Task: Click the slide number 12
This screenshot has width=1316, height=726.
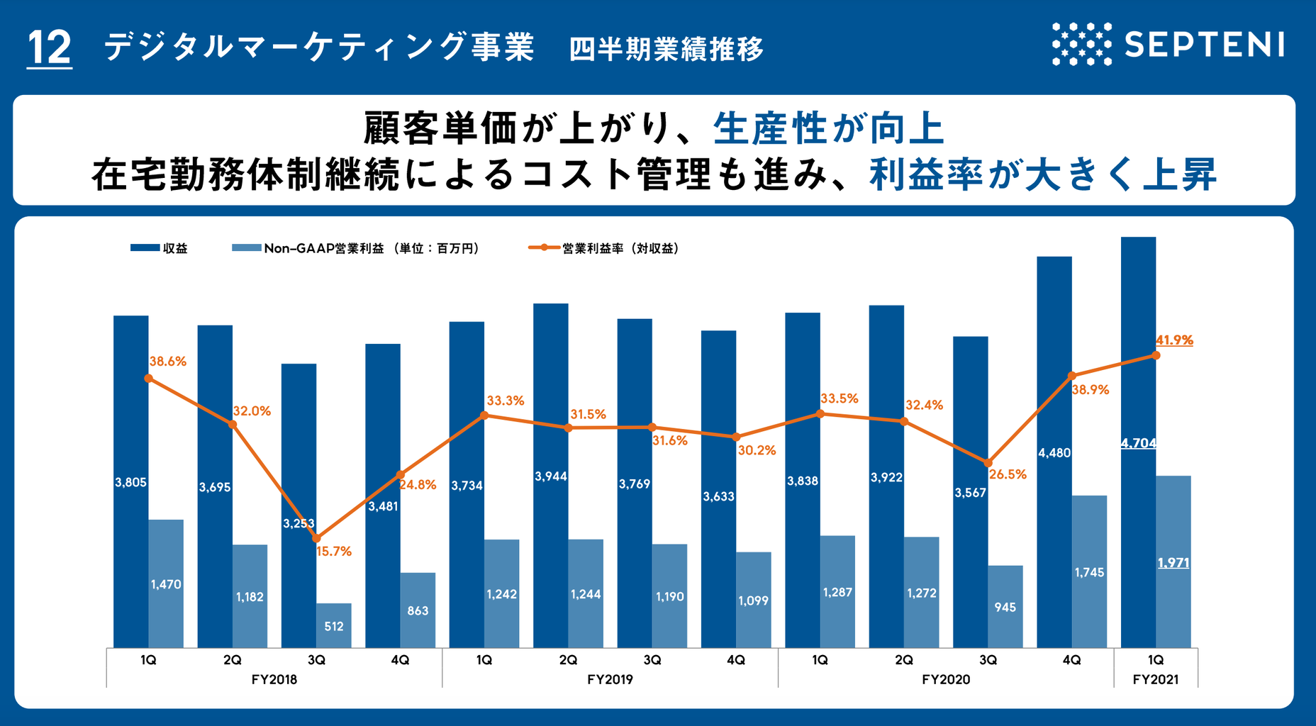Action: coord(49,48)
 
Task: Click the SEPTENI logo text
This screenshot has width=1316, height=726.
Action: coord(1204,45)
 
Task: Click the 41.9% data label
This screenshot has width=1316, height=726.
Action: coord(1174,340)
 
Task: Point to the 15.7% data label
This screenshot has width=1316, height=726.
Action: coord(333,551)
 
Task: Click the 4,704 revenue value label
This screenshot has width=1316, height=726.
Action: coord(1138,443)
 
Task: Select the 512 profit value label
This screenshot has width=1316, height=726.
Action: coord(334,626)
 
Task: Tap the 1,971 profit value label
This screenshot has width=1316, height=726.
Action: coord(1173,563)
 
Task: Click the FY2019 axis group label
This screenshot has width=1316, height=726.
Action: coord(610,679)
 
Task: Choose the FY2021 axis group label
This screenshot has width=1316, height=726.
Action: coord(1156,679)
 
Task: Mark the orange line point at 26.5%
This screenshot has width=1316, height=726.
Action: coord(988,462)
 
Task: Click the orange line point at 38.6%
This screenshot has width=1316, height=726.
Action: coord(148,378)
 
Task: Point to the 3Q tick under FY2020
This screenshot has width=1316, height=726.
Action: coord(988,660)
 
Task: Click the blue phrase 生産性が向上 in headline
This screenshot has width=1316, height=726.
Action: coord(828,129)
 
